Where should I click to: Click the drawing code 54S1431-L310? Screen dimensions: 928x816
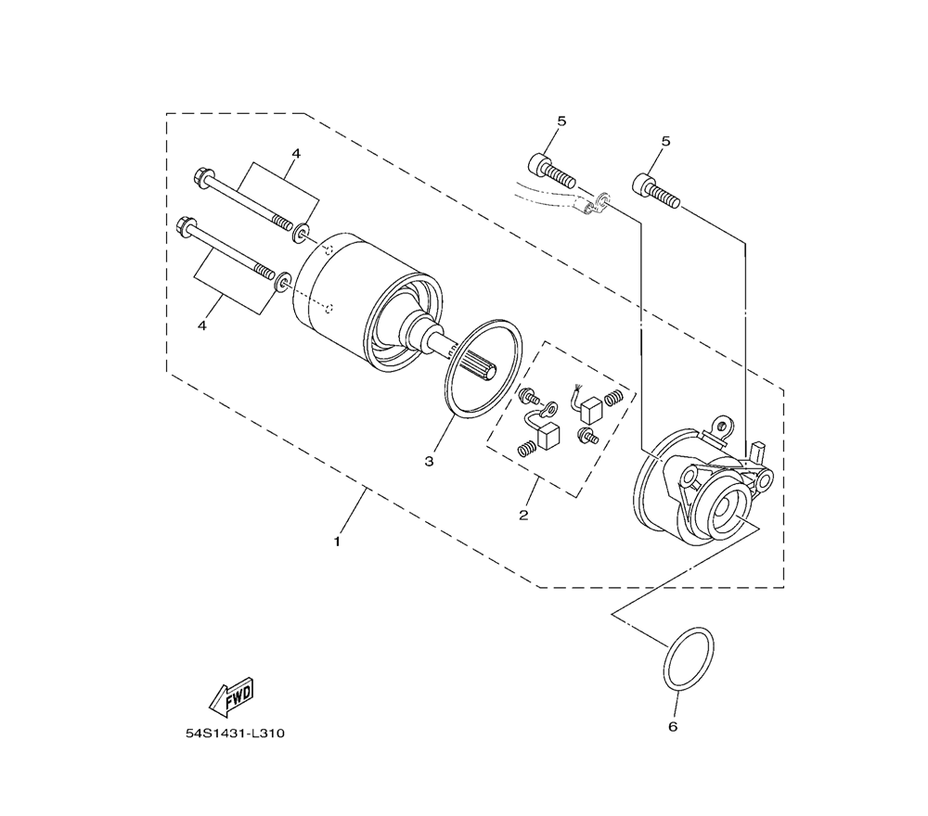click(235, 733)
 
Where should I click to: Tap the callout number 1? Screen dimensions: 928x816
click(338, 541)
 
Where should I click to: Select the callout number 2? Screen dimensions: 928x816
click(523, 515)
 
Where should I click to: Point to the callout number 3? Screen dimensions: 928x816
click(429, 461)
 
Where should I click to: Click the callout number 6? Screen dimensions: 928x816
click(672, 726)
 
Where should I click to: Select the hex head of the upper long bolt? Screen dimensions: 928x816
click(200, 176)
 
